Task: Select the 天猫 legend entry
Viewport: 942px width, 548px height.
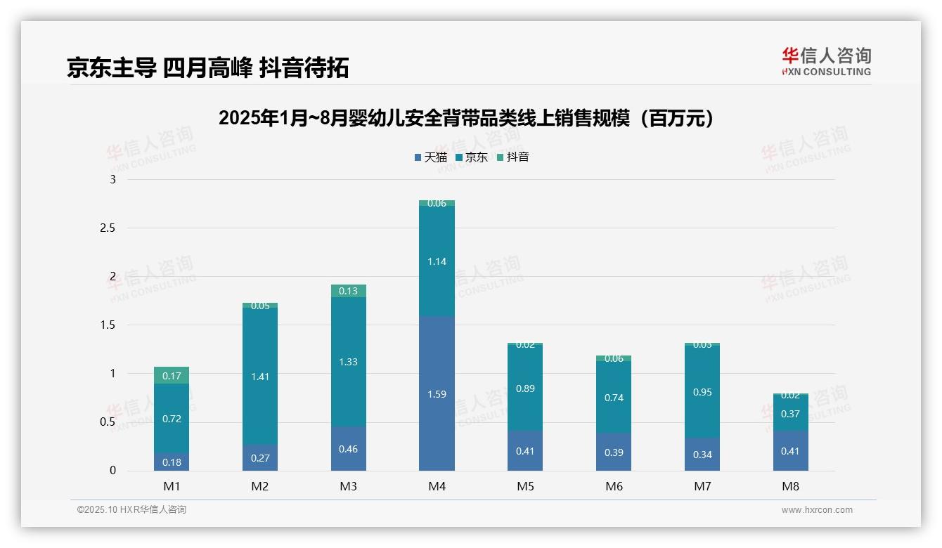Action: pos(431,157)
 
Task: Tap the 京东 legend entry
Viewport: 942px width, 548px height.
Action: pos(471,157)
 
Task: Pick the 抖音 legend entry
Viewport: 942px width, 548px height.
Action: pos(512,157)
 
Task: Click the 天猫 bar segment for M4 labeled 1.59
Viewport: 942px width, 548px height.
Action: pos(437,393)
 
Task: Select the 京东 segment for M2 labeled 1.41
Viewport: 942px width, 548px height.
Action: pos(260,376)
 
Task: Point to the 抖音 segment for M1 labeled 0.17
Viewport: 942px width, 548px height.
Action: pos(172,375)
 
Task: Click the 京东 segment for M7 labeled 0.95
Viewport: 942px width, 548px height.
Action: pos(702,392)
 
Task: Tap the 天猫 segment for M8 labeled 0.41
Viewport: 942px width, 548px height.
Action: pos(790,450)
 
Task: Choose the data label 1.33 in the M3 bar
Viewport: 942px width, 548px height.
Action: pos(348,362)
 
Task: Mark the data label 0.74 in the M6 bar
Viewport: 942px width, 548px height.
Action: pos(614,398)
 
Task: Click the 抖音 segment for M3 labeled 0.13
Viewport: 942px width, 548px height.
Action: pos(348,291)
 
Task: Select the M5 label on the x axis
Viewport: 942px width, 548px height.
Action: pos(525,486)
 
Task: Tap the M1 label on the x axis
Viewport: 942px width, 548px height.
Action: pos(172,486)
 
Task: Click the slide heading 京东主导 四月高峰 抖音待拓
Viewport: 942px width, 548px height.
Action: pos(208,68)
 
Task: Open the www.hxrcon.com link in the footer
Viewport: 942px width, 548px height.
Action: pos(816,510)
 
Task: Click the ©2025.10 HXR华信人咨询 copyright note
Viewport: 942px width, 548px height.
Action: pos(131,510)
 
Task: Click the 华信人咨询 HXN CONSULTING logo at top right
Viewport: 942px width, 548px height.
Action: pos(826,61)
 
